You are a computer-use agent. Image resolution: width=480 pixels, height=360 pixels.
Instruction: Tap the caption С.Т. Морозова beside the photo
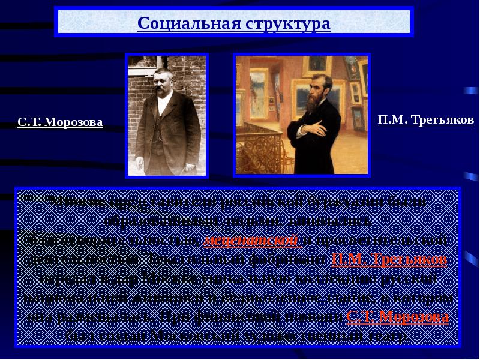point(60,122)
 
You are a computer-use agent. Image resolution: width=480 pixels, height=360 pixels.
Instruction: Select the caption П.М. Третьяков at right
point(426,119)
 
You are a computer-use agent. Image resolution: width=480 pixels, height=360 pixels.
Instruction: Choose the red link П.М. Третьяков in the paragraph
point(389,260)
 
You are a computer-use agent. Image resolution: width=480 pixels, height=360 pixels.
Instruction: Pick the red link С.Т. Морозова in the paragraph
point(397,316)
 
